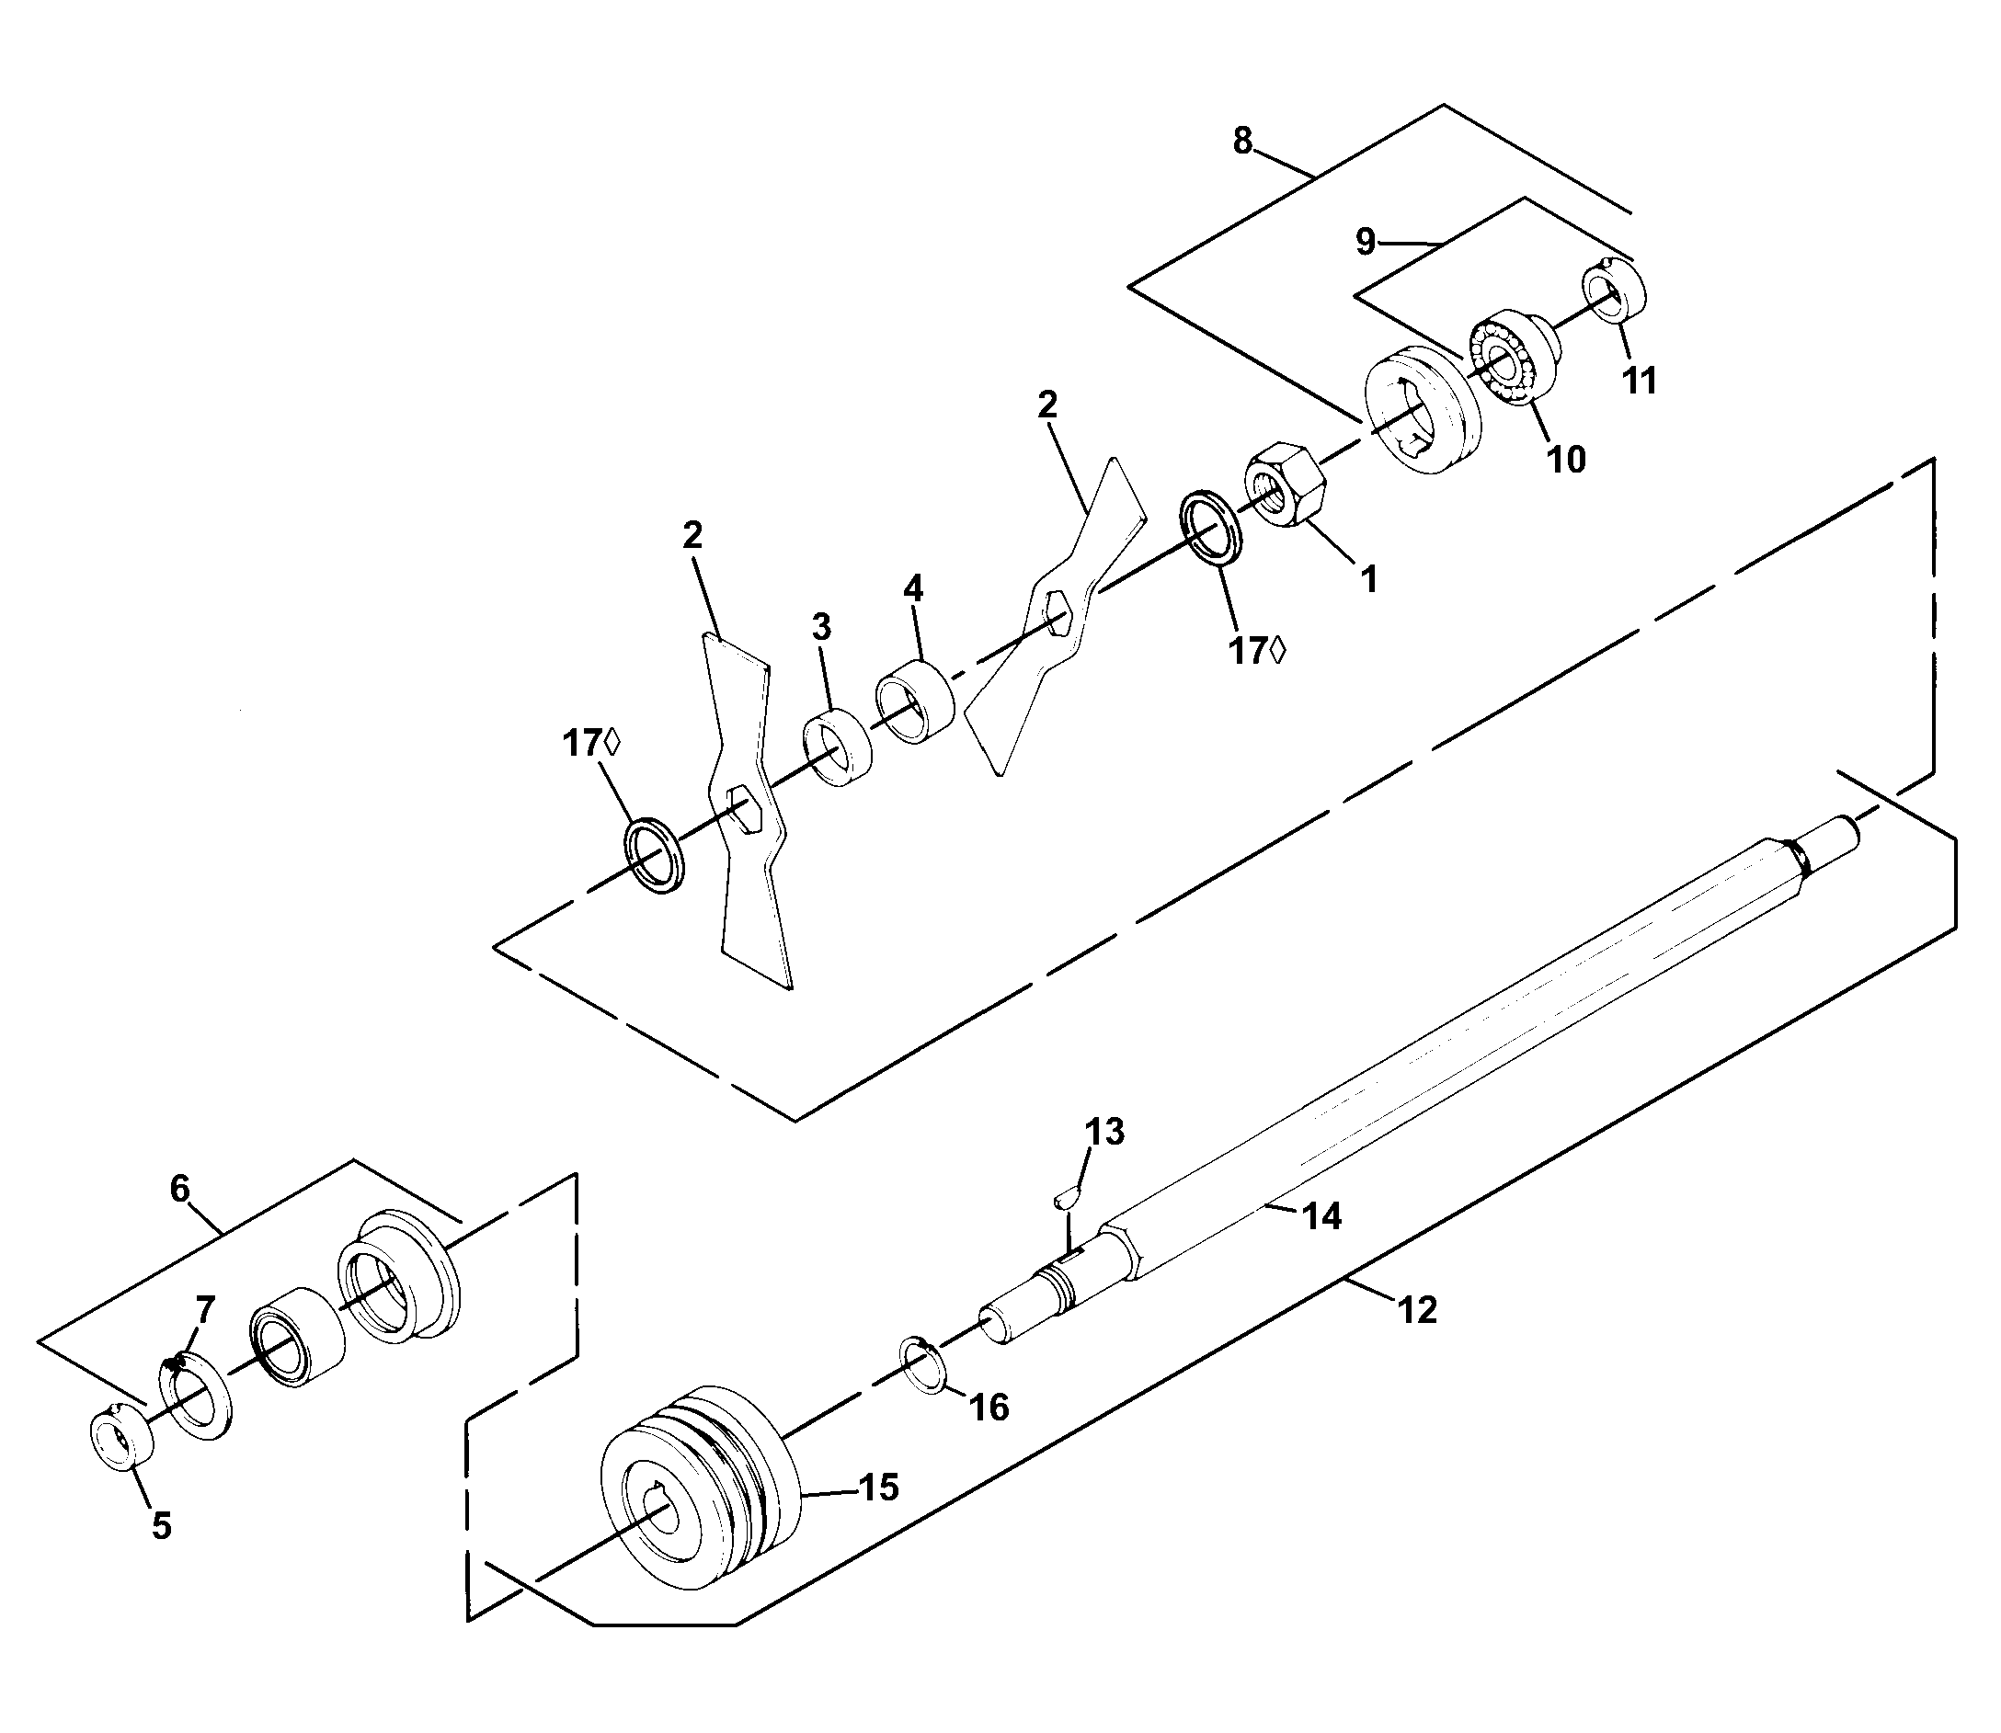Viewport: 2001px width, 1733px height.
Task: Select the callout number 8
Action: tap(1241, 142)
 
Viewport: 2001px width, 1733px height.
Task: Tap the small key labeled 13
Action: tap(1068, 1196)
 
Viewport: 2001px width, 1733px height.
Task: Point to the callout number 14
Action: tap(1321, 1216)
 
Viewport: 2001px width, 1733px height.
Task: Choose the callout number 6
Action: tap(180, 1189)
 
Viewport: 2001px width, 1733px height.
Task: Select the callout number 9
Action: tap(1365, 242)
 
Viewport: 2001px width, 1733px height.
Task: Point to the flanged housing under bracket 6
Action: tap(399, 1275)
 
